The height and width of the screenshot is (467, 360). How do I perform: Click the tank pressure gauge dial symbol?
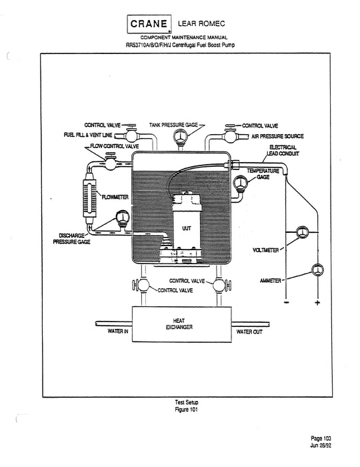tap(180, 137)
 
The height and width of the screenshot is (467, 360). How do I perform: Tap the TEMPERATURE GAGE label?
tap(265, 174)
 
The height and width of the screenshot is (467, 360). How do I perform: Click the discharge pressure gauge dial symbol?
tap(123, 217)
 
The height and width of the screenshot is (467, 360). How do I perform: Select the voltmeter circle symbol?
tap(301, 233)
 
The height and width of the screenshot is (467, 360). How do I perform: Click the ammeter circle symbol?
tap(317, 271)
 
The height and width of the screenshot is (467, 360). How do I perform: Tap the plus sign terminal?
tap(317, 304)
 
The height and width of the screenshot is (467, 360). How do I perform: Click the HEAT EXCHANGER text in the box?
tap(179, 324)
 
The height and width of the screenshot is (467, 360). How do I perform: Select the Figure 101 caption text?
tap(180, 410)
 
